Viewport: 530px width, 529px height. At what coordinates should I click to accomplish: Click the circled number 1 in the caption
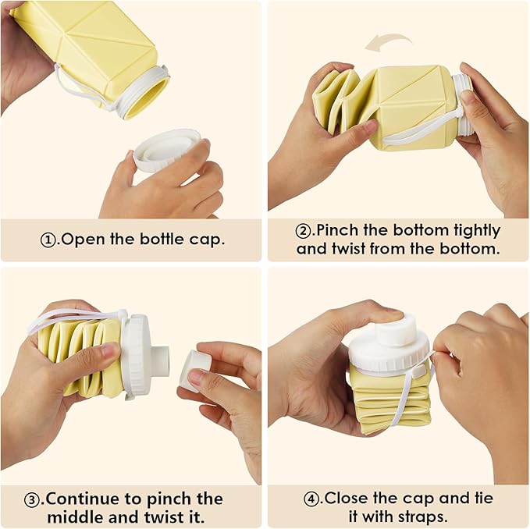click(48, 240)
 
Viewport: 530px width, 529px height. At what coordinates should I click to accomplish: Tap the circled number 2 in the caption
click(303, 231)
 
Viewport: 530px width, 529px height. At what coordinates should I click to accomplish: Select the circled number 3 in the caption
click(32, 499)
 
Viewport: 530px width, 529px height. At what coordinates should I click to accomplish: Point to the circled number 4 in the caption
click(311, 499)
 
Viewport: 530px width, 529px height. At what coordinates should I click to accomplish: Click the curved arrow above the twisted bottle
click(389, 38)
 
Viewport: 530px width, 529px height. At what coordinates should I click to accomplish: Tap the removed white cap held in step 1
click(165, 149)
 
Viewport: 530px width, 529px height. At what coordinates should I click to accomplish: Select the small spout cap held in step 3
click(196, 370)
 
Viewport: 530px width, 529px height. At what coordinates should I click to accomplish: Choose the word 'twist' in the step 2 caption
click(349, 249)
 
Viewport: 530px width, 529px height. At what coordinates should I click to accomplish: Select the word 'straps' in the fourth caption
click(423, 517)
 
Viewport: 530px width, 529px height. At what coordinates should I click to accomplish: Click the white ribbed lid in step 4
click(389, 353)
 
